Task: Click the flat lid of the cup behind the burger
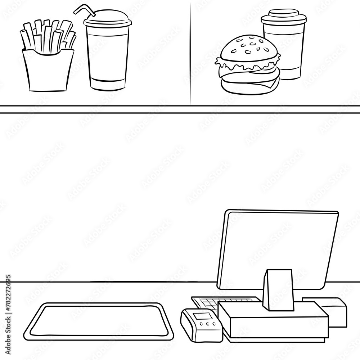click(284, 16)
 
